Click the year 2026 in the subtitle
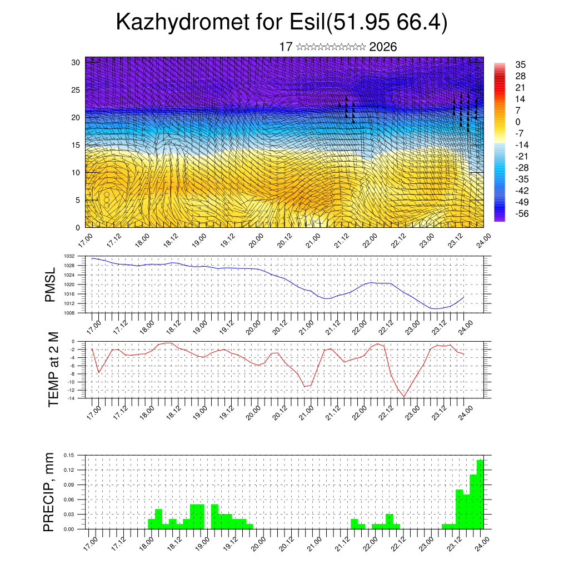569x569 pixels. [383, 47]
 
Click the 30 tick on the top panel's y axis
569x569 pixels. [76, 62]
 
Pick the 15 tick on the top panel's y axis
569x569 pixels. [76, 145]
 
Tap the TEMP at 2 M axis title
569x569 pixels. [53, 370]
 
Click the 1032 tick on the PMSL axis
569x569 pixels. [69, 256]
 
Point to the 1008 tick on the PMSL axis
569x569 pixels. [69, 313]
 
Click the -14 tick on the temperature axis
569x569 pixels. [72, 398]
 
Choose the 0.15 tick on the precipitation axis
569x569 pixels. [69, 455]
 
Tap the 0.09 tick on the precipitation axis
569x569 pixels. [69, 485]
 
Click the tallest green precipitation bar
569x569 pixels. [480, 495]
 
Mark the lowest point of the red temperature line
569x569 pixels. [404, 396]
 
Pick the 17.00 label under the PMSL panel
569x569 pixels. [94, 325]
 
